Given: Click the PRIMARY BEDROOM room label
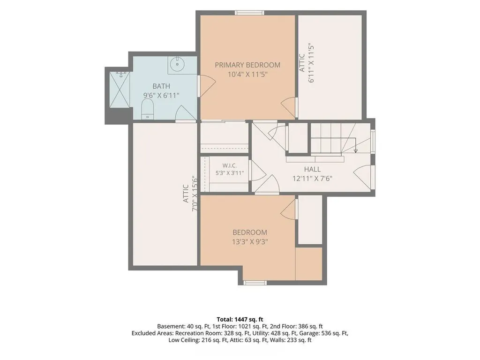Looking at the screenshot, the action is point(247,65).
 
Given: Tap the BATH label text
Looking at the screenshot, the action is point(161,86).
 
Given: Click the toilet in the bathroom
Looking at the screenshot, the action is point(147,108).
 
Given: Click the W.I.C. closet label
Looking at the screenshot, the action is point(230,165).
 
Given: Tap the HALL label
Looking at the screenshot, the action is point(313,169).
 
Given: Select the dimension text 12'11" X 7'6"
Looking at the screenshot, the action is point(312,179).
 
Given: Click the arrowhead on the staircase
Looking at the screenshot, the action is point(355,150).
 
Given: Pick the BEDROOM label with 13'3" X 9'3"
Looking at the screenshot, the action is point(250,232).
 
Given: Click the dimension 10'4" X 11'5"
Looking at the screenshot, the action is point(247,75).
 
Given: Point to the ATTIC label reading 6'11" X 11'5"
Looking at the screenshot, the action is point(307,63).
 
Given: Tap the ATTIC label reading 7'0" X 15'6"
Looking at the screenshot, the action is point(190,194).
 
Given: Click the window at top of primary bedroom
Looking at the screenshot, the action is point(249,13).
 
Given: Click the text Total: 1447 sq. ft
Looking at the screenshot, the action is point(240,320).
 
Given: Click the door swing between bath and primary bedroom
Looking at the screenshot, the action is point(208,86).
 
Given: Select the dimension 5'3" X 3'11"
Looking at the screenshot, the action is point(230,173).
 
